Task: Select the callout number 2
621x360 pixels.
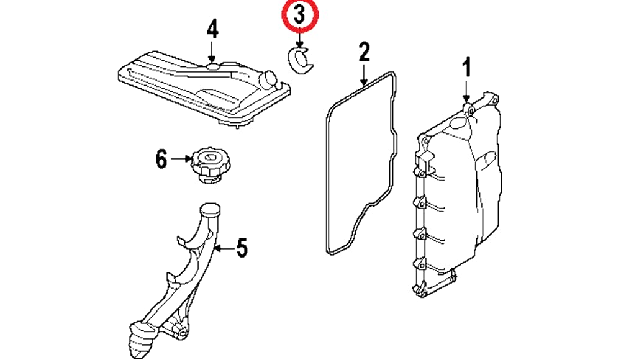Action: [x=363, y=52]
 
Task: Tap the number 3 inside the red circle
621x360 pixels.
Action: [x=299, y=17]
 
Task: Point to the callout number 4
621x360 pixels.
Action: [x=212, y=29]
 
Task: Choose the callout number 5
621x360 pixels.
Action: [x=241, y=248]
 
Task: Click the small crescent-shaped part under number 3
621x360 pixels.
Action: [x=301, y=60]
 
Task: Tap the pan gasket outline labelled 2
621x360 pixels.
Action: [x=328, y=186]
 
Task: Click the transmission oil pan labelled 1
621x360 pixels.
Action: [x=460, y=192]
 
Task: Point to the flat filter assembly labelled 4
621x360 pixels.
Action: [x=199, y=87]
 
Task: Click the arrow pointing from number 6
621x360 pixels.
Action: [x=181, y=160]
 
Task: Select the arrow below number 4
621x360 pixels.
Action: [x=212, y=50]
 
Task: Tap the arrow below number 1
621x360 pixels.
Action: [x=466, y=91]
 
